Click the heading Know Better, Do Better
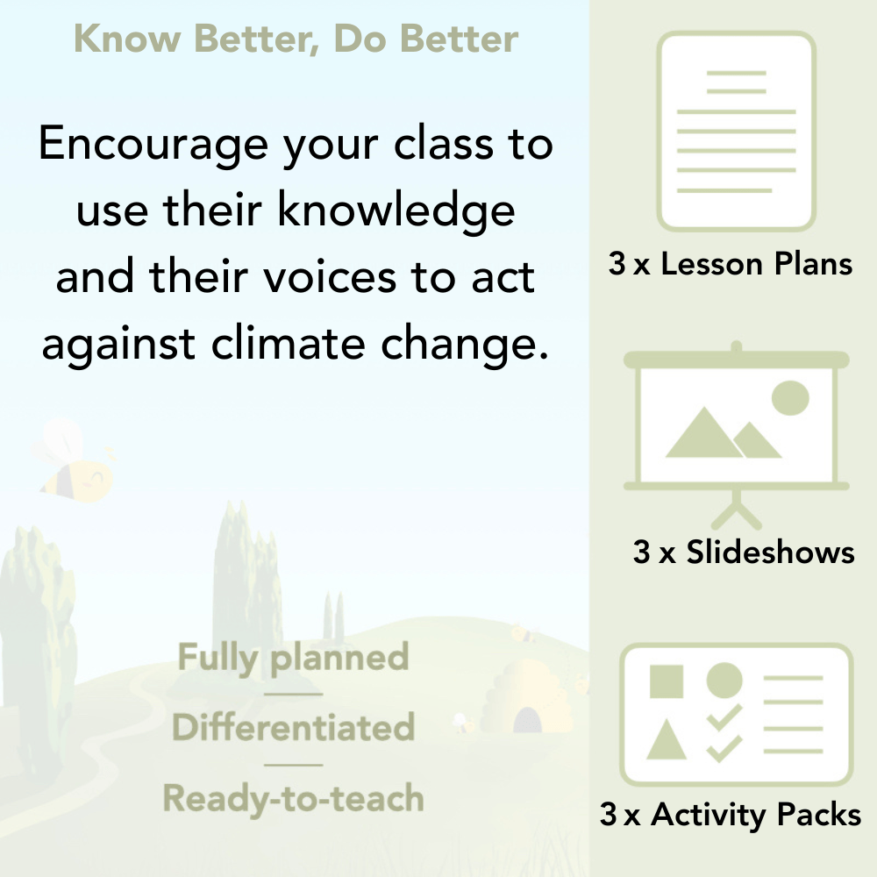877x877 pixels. click(x=296, y=39)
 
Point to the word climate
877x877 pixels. click(x=292, y=344)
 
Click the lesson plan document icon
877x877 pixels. click(x=737, y=132)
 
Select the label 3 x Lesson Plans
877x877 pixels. click(x=731, y=264)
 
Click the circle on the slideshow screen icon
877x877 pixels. click(x=789, y=398)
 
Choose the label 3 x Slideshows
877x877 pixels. click(x=744, y=552)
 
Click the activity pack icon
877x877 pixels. click(x=737, y=715)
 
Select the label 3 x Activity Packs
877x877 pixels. click(x=731, y=815)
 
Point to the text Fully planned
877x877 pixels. click(x=293, y=658)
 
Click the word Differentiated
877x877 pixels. click(x=293, y=728)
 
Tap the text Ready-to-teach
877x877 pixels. click(x=293, y=798)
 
